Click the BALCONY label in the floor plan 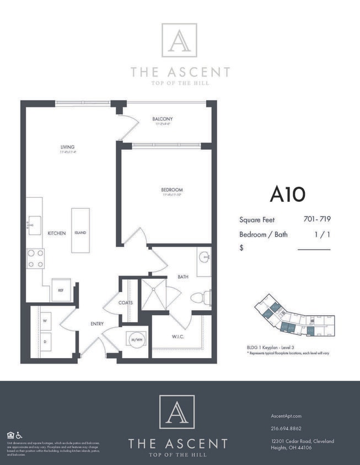[163, 119]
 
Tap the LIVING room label [68, 147]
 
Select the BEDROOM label [172, 190]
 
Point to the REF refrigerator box [61, 290]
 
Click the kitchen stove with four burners [36, 258]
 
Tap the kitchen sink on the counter [34, 225]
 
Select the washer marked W [45, 320]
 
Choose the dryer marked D [45, 341]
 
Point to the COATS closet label [125, 302]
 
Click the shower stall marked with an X [153, 294]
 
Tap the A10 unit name [287, 194]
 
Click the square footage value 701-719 [316, 219]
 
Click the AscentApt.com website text [287, 416]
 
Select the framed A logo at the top [179, 40]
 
